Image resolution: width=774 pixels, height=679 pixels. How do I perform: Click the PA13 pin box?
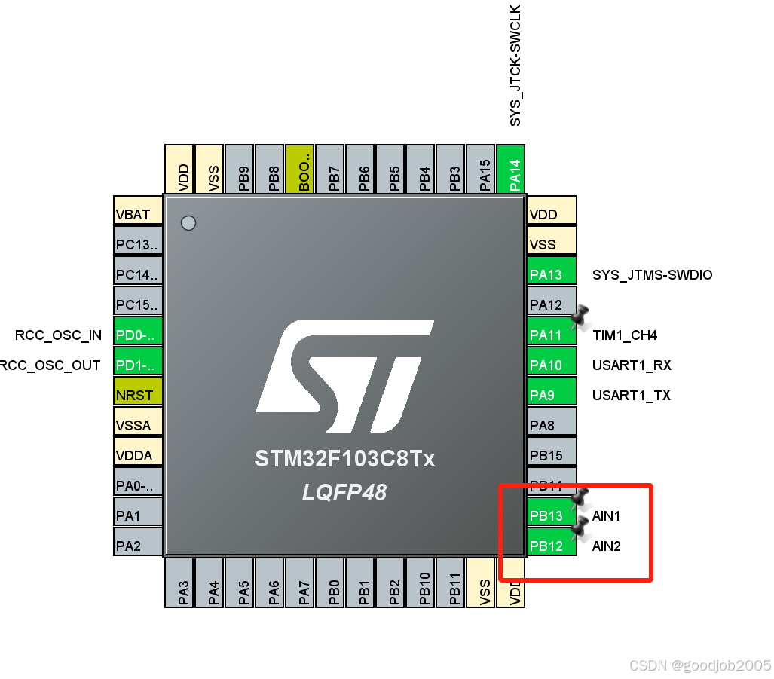[x=552, y=274]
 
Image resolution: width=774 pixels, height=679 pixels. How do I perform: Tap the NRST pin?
[x=138, y=395]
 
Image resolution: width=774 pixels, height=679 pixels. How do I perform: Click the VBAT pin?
[x=138, y=214]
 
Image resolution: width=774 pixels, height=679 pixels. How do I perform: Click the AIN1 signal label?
[x=607, y=516]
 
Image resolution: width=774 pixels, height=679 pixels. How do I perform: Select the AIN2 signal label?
[x=607, y=546]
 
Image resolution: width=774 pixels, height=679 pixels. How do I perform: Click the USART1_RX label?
[x=632, y=365]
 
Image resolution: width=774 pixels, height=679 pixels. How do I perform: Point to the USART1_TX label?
[x=632, y=396]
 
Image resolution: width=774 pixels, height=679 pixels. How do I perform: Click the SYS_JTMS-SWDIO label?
[x=652, y=275]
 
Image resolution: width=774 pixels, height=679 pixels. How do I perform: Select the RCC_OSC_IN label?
[x=58, y=335]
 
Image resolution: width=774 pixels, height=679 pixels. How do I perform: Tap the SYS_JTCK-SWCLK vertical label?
[x=515, y=66]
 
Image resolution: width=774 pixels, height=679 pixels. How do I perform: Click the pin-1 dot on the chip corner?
[x=188, y=223]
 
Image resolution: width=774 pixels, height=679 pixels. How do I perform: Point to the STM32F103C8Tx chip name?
[x=344, y=459]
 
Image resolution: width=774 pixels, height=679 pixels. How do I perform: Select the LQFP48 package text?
[x=344, y=493]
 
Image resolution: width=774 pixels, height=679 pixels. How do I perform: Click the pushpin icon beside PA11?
[x=580, y=317]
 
